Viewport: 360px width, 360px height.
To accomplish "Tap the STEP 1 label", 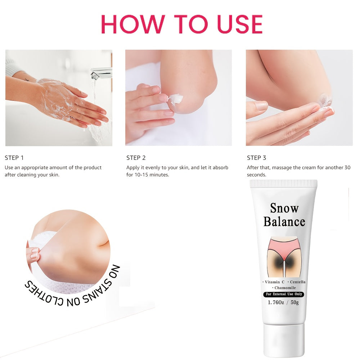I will (x=14, y=158).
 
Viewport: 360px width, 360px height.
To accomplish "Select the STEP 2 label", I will (x=136, y=158).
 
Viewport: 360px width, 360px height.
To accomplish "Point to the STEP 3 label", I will (x=257, y=158).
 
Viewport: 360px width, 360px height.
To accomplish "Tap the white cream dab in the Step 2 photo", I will (x=176, y=99).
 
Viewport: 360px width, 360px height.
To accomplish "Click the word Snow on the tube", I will (x=284, y=208).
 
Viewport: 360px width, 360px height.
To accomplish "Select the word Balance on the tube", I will (x=284, y=221).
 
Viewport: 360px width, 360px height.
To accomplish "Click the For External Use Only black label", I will (x=284, y=294).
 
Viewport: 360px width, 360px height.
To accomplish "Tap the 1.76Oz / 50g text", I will (x=283, y=302).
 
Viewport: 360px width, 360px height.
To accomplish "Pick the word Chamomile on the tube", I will (x=284, y=288).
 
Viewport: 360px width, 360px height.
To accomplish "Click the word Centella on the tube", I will (x=297, y=282).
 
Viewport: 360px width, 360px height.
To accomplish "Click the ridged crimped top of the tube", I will (x=284, y=184).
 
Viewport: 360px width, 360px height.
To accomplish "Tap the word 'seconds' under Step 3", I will (x=257, y=175).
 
